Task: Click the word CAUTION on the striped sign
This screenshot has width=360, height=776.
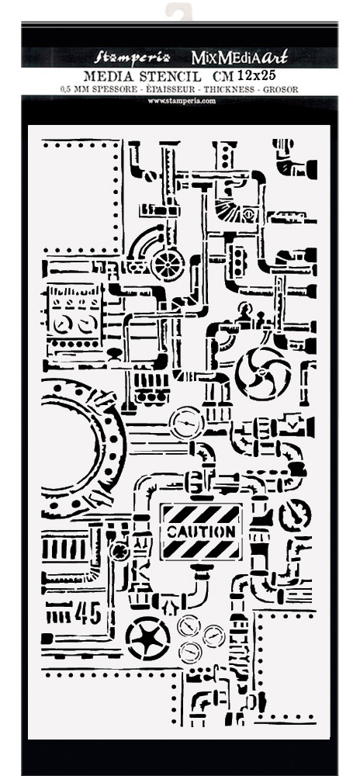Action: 201,532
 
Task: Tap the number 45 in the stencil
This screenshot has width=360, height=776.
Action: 88,613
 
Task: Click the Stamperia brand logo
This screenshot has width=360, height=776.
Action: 133,57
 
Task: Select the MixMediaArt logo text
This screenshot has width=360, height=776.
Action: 240,57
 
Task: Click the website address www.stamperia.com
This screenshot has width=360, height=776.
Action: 182,101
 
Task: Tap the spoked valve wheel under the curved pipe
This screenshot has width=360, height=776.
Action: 168,264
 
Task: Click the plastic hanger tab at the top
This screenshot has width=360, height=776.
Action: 178,10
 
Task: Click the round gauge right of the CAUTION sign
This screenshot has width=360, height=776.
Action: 295,515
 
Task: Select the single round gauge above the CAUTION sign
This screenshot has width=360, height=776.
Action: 186,423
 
